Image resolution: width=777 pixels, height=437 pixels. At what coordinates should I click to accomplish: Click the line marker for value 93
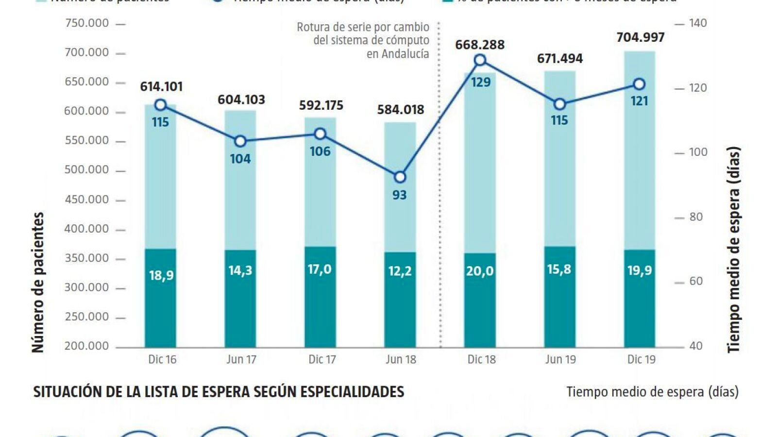[x=400, y=177]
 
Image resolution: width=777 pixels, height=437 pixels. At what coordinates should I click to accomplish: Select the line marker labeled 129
[x=480, y=60]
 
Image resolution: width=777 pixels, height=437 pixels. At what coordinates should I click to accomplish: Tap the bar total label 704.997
[x=640, y=37]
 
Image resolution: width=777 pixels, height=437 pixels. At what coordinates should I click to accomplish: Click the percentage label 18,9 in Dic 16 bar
[x=161, y=275]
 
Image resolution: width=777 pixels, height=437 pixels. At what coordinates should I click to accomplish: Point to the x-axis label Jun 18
[x=401, y=360]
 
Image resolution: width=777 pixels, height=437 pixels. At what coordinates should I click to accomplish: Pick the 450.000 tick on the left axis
[x=87, y=200]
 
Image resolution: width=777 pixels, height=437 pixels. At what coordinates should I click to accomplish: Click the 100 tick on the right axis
[x=698, y=152]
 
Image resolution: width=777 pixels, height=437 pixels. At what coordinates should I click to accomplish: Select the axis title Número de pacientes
[x=38, y=282]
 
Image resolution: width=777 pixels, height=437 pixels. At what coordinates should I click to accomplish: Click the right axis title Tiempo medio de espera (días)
[x=733, y=250]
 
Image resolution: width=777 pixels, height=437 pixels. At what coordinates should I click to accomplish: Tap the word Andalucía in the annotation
[x=398, y=54]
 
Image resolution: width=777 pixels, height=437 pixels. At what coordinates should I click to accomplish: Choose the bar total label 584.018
[x=401, y=110]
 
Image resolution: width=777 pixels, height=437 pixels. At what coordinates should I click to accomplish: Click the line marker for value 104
[x=240, y=141]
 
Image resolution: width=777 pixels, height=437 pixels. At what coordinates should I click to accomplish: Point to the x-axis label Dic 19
[x=641, y=360]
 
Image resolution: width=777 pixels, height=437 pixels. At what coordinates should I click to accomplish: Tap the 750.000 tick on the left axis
[x=87, y=23]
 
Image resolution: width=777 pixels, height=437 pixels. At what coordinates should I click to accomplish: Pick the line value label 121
[x=639, y=101]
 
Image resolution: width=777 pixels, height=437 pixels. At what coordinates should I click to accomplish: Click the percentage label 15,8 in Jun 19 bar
[x=559, y=269]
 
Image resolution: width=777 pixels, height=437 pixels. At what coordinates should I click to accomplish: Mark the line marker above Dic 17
[x=320, y=134]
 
